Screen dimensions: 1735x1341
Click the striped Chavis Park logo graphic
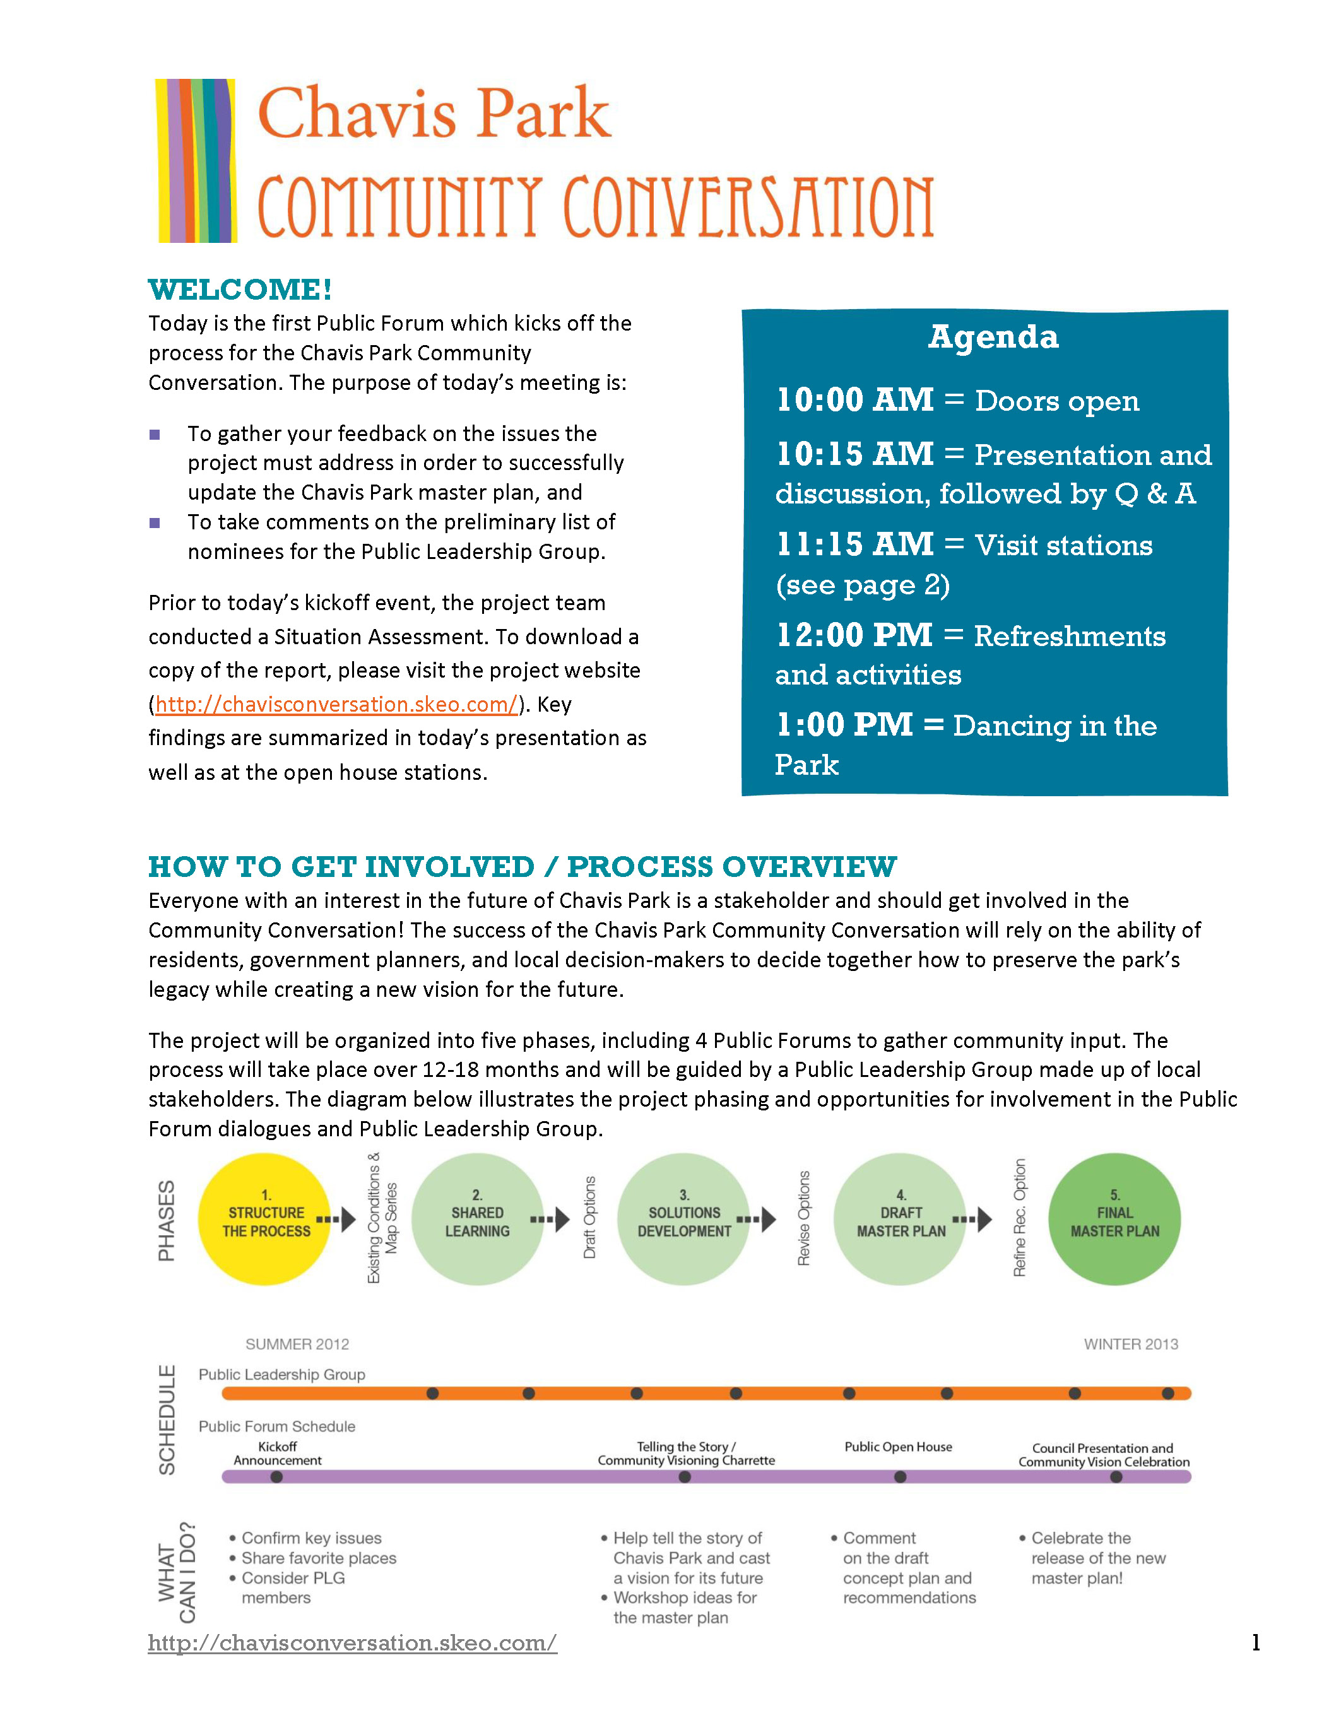click(x=196, y=160)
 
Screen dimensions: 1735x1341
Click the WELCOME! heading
click(x=240, y=290)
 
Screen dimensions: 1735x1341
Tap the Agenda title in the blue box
click(x=993, y=337)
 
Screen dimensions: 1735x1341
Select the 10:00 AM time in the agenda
click(x=855, y=399)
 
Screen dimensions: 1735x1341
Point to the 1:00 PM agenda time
click(x=844, y=724)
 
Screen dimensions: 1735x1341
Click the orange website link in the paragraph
click(x=337, y=705)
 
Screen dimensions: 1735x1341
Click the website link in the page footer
click(x=352, y=1642)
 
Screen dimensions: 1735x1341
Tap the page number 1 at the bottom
click(x=1255, y=1642)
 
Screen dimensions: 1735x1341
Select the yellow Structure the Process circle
click(x=264, y=1220)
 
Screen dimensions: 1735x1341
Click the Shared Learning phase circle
click(x=478, y=1220)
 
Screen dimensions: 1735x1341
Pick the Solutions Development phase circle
click(x=684, y=1220)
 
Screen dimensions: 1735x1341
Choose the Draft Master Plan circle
click(x=900, y=1220)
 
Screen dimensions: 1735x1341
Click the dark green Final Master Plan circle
click(x=1114, y=1220)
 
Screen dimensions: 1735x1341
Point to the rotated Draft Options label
click(x=589, y=1217)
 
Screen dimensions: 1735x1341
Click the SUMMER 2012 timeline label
click(x=297, y=1344)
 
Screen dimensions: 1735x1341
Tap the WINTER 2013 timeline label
click(x=1130, y=1344)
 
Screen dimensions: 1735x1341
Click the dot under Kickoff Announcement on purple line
click(x=276, y=1477)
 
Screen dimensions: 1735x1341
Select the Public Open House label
click(x=898, y=1447)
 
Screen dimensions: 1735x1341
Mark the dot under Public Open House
click(x=900, y=1477)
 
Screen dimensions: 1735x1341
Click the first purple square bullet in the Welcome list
click(x=155, y=435)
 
